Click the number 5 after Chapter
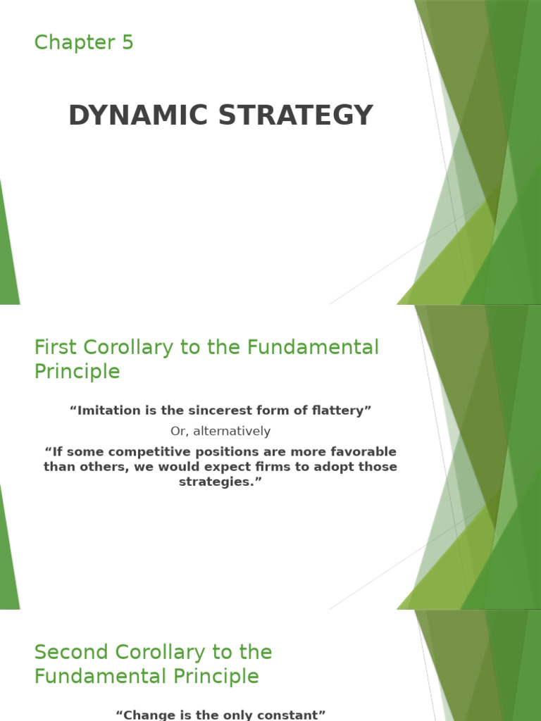coord(127,43)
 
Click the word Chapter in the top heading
coord(74,43)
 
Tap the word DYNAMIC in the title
coord(138,115)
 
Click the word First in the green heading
coord(55,347)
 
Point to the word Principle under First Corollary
coord(77,372)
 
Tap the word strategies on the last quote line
coord(220,482)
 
